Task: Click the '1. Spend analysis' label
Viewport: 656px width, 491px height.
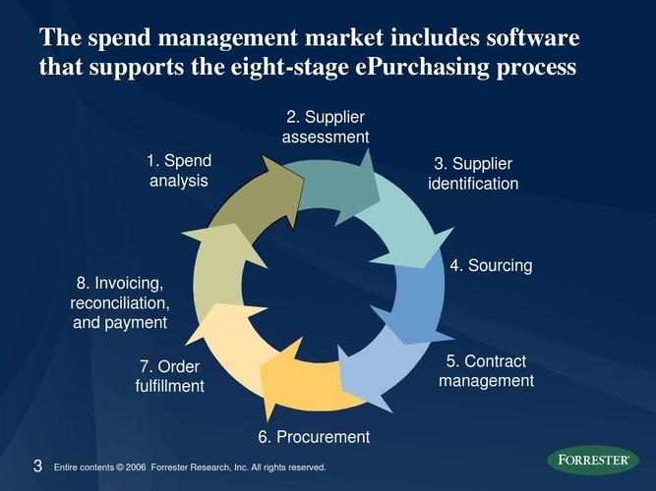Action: coord(178,171)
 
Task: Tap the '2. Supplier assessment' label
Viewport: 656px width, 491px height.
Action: coord(325,127)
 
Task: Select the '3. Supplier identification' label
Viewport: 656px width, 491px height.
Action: coord(473,173)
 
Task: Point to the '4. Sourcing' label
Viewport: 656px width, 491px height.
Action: coord(491,265)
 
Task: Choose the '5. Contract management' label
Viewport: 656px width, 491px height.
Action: coord(486,371)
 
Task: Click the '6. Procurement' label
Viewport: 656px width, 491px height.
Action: coord(314,437)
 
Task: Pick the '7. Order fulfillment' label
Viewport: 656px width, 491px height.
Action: coord(169,376)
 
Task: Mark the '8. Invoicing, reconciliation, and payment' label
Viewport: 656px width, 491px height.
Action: coord(119,302)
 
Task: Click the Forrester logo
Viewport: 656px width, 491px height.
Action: coord(592,460)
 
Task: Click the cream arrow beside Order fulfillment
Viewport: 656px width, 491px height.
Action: coord(228,338)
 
